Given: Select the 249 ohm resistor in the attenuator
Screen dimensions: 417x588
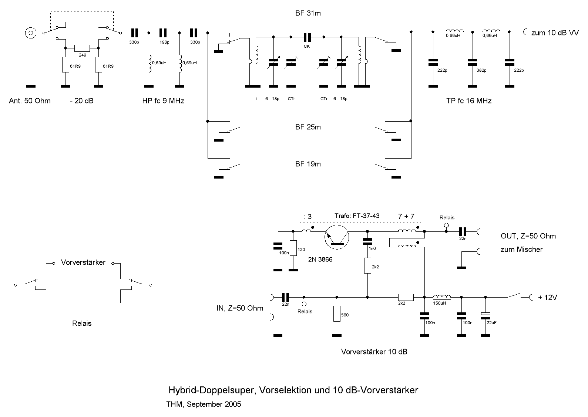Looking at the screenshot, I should click(x=82, y=48).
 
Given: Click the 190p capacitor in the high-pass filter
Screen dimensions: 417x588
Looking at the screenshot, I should click(x=164, y=33).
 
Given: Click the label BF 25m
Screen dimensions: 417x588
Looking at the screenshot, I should click(x=308, y=127).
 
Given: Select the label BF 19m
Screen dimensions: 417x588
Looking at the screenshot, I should click(x=308, y=164).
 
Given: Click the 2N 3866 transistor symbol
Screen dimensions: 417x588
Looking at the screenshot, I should click(x=337, y=237).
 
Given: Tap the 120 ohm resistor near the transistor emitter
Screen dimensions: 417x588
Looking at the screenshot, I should click(x=293, y=248).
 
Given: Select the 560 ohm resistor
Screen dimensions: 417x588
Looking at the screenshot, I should click(x=337, y=313).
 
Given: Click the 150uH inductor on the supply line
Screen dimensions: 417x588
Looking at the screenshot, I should click(x=441, y=296).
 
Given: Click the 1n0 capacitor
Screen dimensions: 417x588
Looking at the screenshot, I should click(x=367, y=242).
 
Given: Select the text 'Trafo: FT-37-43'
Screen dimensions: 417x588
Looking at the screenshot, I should click(x=357, y=216).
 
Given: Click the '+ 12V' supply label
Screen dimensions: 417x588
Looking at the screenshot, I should click(x=547, y=297).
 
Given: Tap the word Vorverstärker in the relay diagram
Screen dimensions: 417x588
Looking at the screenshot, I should click(x=83, y=262).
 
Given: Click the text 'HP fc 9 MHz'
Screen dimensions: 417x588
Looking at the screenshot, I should click(x=163, y=101).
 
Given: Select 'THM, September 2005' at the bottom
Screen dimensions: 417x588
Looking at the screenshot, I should click(x=204, y=404).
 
